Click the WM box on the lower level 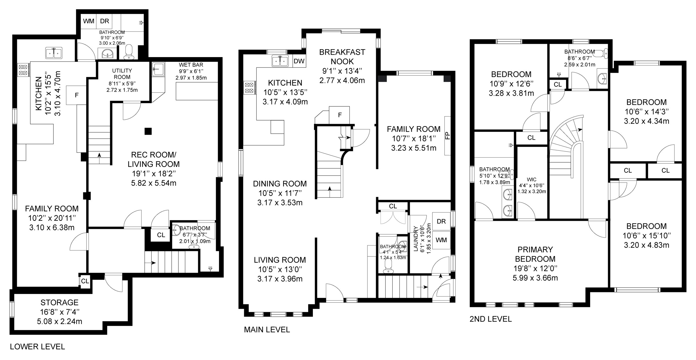coord(88,21)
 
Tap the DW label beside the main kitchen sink coord(299,61)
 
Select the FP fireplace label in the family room coord(447,135)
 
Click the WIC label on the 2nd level coord(532,179)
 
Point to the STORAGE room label coord(59,302)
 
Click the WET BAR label coord(191,65)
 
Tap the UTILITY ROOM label coord(122,74)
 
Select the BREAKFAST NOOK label coord(342,57)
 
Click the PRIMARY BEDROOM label coord(535,254)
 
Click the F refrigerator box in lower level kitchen coord(77,95)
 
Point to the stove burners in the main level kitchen coord(249,88)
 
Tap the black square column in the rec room coord(148,131)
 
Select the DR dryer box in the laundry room coord(441,221)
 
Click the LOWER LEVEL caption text coord(37,346)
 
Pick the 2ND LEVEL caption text coord(490,319)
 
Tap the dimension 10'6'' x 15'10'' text coord(646,236)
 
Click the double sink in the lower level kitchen coord(54,53)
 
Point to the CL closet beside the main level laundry coord(393,206)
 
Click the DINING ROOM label coord(280,183)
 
